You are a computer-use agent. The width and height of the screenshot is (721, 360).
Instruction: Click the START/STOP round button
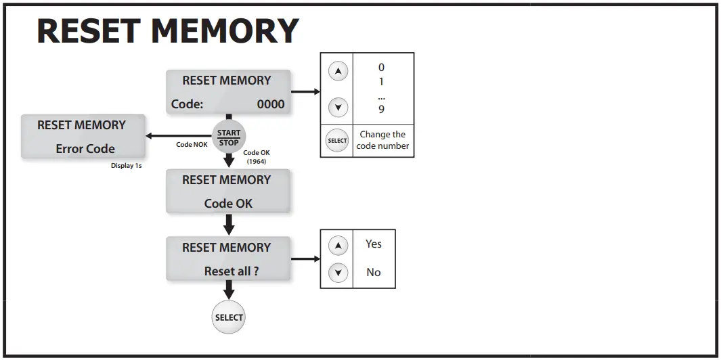click(x=229, y=137)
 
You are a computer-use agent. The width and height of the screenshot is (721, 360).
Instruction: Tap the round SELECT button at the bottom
click(x=228, y=317)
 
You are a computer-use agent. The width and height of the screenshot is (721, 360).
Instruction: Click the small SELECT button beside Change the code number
click(x=336, y=141)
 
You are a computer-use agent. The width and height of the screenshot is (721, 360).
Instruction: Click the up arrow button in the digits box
click(x=337, y=71)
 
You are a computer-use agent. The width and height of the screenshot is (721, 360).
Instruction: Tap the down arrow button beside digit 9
click(x=337, y=107)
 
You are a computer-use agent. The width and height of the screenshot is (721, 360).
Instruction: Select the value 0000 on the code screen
click(x=271, y=104)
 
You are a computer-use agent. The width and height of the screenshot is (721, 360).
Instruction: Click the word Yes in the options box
click(x=374, y=244)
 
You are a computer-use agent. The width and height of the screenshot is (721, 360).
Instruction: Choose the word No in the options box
click(x=374, y=272)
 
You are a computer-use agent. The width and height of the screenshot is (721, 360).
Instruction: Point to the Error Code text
click(x=85, y=149)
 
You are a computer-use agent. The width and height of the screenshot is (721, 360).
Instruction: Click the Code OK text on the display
click(x=228, y=203)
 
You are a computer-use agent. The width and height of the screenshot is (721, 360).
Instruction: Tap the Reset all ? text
click(x=232, y=271)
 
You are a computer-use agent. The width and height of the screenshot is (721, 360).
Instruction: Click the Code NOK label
click(x=192, y=145)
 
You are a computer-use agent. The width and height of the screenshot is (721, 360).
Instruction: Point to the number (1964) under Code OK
click(x=256, y=161)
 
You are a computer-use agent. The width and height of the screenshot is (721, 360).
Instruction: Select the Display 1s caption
click(x=126, y=166)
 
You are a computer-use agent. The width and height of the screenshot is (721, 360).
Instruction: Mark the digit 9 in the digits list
click(x=381, y=109)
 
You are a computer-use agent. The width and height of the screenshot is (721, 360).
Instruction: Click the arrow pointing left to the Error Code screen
click(x=178, y=136)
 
